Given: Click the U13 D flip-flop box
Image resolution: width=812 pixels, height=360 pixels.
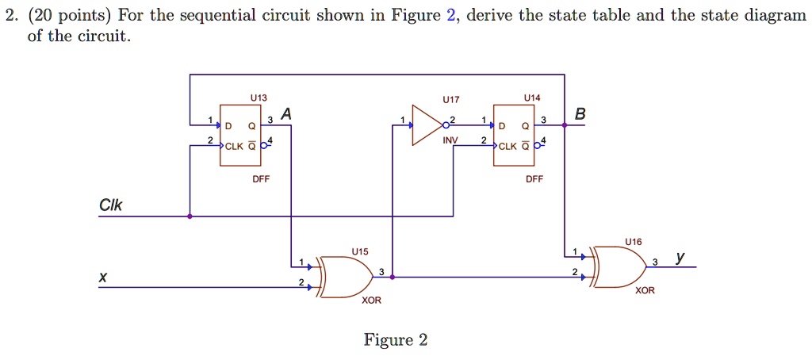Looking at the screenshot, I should click(241, 134).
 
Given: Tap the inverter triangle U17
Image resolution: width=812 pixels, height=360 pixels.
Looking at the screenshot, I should click(427, 125).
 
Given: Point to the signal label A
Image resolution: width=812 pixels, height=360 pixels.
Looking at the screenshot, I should click(286, 116).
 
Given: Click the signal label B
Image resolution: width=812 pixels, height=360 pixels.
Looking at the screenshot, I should click(580, 116).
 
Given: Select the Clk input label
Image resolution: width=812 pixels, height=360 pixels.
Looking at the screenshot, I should click(111, 205).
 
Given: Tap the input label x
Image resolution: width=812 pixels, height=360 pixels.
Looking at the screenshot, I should click(102, 278).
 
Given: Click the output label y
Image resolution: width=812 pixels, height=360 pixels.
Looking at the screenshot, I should click(679, 257).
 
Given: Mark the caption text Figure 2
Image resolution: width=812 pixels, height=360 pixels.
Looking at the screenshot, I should click(395, 340).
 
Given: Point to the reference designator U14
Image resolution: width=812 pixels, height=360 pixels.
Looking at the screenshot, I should click(531, 98).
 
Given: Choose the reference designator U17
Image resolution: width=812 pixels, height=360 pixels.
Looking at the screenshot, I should click(450, 100).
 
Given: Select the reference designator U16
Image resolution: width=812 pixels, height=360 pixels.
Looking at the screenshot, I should click(634, 241).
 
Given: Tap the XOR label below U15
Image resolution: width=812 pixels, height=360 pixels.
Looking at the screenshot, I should click(371, 301).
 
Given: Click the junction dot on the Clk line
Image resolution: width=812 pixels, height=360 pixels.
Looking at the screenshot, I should click(189, 216).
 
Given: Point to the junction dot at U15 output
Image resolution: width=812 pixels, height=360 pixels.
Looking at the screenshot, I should click(393, 277).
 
